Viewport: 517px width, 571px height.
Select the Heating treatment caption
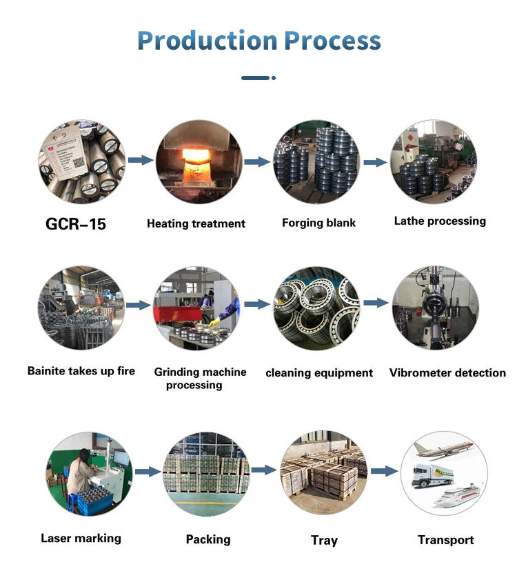click(x=196, y=223)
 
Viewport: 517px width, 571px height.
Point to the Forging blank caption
click(x=318, y=223)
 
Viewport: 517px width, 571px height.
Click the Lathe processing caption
click(x=440, y=221)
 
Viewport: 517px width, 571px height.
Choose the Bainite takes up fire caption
click(x=81, y=371)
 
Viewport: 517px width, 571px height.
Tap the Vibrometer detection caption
click(x=447, y=372)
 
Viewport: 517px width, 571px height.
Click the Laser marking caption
click(x=81, y=539)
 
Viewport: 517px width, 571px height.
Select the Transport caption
click(x=446, y=540)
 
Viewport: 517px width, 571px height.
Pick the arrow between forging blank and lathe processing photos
click(x=374, y=162)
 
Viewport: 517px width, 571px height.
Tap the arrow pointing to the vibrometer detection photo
click(x=376, y=303)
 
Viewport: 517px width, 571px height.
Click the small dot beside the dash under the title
click(x=274, y=77)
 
